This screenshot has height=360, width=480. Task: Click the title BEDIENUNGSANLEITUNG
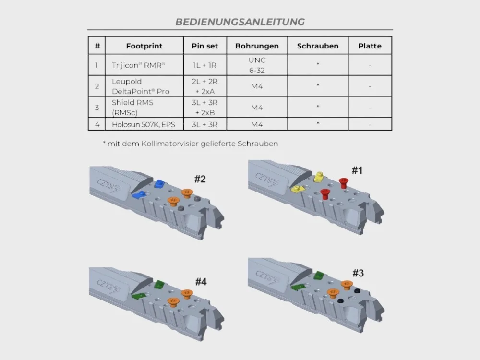240,22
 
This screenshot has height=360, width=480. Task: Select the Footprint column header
144,46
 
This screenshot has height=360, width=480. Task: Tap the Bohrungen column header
257,46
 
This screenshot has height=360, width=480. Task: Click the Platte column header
370,46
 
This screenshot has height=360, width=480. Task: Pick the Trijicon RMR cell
138,65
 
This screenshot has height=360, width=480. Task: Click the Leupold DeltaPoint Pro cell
141,86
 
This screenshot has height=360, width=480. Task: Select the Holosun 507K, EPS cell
143,125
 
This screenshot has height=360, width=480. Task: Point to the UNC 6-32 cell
257,65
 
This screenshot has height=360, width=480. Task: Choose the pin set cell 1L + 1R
204,65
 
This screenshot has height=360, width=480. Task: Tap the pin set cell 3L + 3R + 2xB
204,108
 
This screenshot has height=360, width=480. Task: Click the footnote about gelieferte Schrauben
191,144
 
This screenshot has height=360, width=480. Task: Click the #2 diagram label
200,179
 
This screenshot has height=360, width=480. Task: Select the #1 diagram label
357,170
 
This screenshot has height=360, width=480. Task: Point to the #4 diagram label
201,282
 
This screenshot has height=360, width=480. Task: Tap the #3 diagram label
358,273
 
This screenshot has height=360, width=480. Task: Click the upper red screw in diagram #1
344,183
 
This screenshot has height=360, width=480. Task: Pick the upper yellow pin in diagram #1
319,177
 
